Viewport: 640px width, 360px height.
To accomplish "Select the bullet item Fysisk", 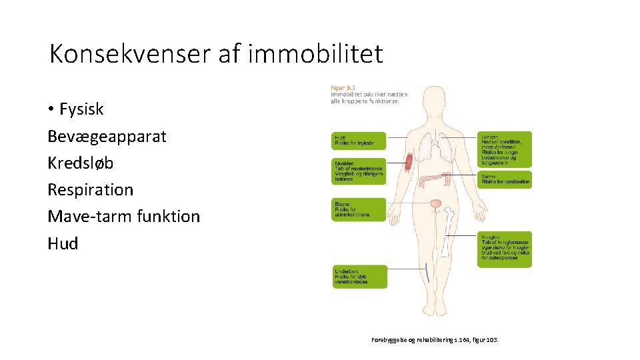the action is (x=81, y=109).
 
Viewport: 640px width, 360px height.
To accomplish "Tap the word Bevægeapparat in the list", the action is (x=107, y=136).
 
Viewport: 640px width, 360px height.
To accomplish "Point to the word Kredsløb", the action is (x=81, y=163).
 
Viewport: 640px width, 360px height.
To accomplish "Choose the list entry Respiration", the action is (x=90, y=189).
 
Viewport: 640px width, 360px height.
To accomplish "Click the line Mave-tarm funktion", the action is (x=123, y=216).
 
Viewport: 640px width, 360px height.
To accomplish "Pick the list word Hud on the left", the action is (x=63, y=243).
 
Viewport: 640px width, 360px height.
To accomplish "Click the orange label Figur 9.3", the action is (x=344, y=87).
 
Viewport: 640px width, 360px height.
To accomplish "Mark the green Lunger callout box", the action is (x=505, y=149).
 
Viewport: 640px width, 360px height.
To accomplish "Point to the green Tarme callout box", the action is (x=505, y=179).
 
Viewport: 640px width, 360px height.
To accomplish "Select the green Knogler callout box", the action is (x=505, y=249).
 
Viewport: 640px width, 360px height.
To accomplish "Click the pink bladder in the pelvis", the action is (x=436, y=203).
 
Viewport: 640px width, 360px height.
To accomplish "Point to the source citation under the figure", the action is (x=434, y=340).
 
